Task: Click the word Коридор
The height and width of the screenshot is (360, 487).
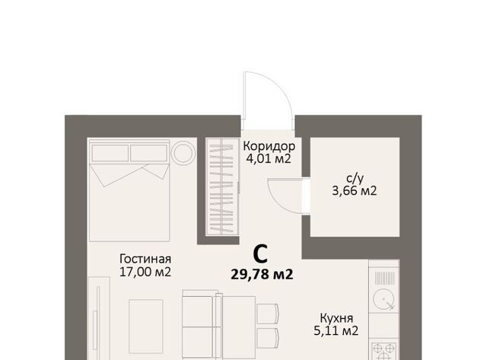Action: pyautogui.click(x=269, y=146)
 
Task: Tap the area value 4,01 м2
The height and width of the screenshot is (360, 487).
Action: pyautogui.click(x=269, y=159)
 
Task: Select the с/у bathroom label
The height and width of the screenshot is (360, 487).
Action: pyautogui.click(x=355, y=179)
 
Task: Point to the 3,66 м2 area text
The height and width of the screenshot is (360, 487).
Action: pyautogui.click(x=355, y=191)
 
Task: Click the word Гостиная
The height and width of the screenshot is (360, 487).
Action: pyautogui.click(x=145, y=259)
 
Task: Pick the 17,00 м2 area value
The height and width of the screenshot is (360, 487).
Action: pyautogui.click(x=145, y=272)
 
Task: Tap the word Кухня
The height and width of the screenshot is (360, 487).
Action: pyautogui.click(x=336, y=318)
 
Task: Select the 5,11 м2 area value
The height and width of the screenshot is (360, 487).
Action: pyautogui.click(x=336, y=331)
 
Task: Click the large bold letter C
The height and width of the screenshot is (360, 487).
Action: pyautogui.click(x=260, y=254)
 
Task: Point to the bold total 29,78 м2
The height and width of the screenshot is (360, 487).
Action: pyautogui.click(x=262, y=275)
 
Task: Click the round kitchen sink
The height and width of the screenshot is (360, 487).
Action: pyautogui.click(x=384, y=299)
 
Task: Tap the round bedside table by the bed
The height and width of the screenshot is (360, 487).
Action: pyautogui.click(x=183, y=153)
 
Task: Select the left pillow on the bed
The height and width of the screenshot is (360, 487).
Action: pyautogui.click(x=110, y=154)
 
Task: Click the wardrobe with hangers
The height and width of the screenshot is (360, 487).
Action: pyautogui.click(x=222, y=186)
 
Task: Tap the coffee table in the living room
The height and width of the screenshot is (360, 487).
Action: pyautogui.click(x=145, y=327)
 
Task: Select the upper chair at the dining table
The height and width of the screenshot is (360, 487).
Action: pyautogui.click(x=268, y=314)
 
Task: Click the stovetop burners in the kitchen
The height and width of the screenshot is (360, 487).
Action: pyautogui.click(x=384, y=352)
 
